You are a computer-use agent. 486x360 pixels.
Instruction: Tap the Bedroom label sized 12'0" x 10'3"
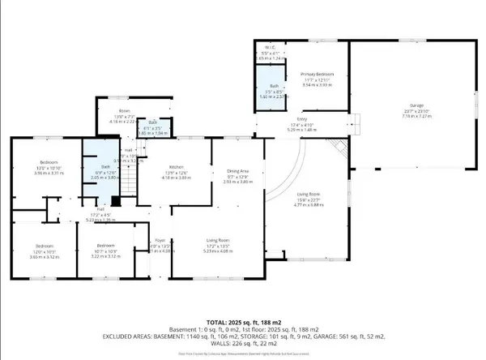click(44, 246)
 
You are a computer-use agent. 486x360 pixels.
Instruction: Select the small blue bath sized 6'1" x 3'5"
click(152, 126)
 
